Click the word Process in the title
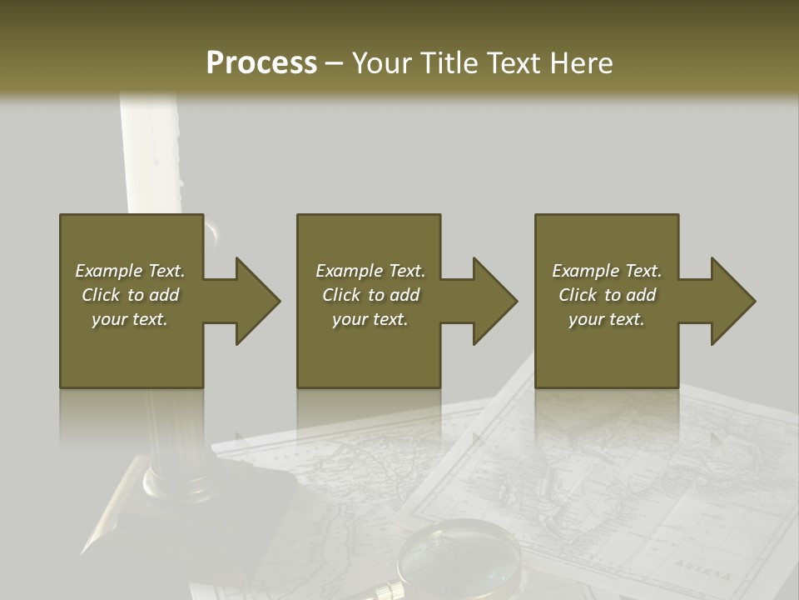pyautogui.click(x=261, y=63)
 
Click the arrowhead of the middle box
pyautogui.click(x=494, y=301)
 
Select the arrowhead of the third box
pyautogui.click(x=732, y=301)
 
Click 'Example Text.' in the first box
pyautogui.click(x=130, y=271)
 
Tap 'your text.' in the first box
pyautogui.click(x=130, y=319)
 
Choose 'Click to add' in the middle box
pyautogui.click(x=370, y=295)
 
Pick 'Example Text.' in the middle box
pyautogui.click(x=370, y=271)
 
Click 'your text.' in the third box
pyautogui.click(x=607, y=319)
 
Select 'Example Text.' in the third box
pyautogui.click(x=607, y=271)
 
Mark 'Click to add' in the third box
pyautogui.click(x=607, y=295)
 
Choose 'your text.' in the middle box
pyautogui.click(x=370, y=319)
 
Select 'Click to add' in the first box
pyautogui.click(x=130, y=295)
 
